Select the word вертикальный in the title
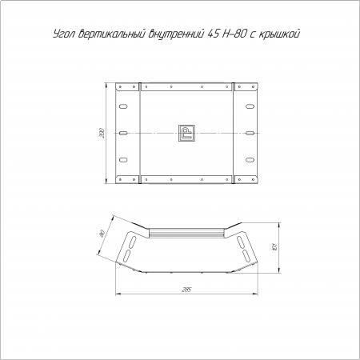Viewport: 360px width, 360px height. point(113,34)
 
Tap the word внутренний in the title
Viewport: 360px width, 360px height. point(177,34)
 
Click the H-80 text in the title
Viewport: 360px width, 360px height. point(234,34)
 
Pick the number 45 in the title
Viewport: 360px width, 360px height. point(213,34)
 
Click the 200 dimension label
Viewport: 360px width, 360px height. point(102,133)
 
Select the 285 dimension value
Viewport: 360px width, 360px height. point(186,290)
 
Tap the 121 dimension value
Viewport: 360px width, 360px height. point(275,246)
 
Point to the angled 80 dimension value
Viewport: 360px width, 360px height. point(102,234)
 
